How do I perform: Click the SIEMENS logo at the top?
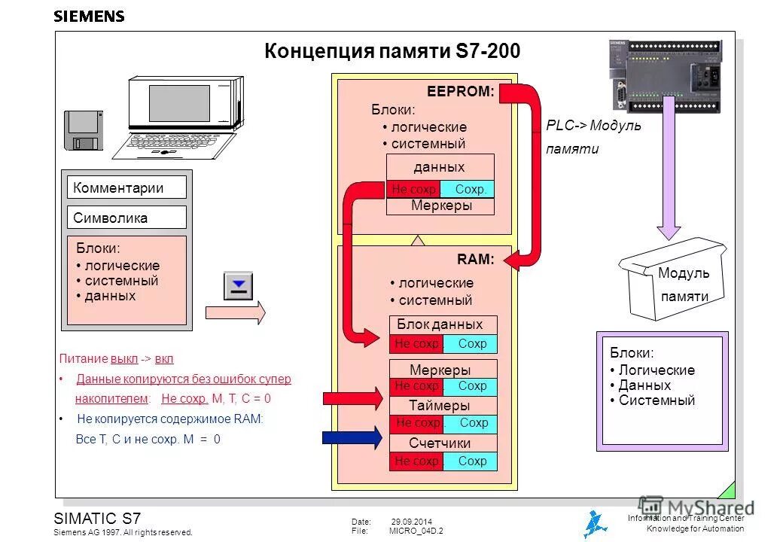click(89, 17)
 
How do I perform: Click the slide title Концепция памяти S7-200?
click(392, 51)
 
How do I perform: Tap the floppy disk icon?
click(83, 132)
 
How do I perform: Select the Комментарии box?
click(126, 187)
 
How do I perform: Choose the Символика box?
click(126, 218)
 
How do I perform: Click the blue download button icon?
click(239, 286)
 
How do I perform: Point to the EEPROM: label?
click(460, 92)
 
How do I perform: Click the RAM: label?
click(475, 260)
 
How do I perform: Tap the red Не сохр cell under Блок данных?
click(416, 344)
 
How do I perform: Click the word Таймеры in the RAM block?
click(440, 406)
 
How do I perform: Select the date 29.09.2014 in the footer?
click(411, 522)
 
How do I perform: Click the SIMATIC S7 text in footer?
click(97, 518)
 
